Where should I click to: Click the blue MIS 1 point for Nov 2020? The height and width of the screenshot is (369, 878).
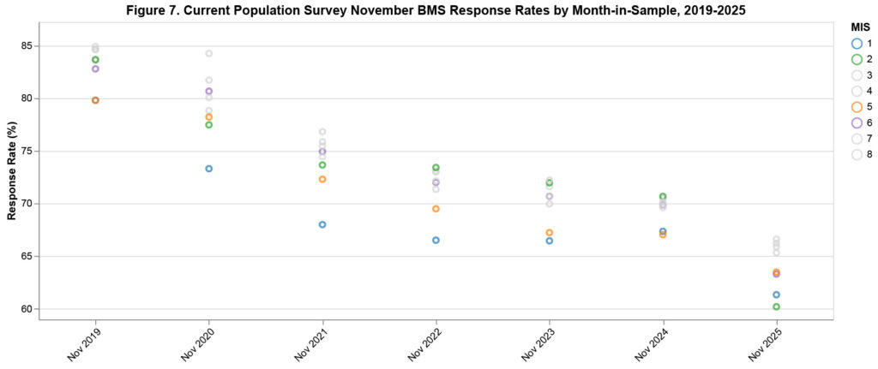pos(208,169)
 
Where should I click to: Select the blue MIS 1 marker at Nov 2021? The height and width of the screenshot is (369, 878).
pos(322,224)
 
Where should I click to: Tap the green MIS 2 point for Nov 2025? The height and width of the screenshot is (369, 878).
pos(776,307)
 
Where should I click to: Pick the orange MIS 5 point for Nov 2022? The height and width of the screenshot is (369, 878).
pos(436,209)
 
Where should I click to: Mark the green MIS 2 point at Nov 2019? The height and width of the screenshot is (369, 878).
pos(95,60)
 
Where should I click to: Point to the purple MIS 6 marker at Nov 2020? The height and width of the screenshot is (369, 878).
pos(208,91)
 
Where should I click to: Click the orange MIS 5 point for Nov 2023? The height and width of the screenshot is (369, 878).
pos(550,233)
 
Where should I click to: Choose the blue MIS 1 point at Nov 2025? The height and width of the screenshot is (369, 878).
pos(776,295)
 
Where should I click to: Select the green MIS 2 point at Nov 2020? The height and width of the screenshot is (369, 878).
pos(208,125)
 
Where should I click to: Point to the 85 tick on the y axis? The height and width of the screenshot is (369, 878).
pos(26,46)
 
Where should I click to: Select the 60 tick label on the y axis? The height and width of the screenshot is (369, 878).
pos(26,309)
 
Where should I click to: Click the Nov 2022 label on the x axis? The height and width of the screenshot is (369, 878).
pos(424,342)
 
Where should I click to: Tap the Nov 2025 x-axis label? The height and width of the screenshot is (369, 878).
pos(764,342)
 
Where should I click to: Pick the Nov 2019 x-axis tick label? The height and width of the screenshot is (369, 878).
pos(83,342)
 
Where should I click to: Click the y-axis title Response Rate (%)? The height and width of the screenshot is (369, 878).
pos(12,170)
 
